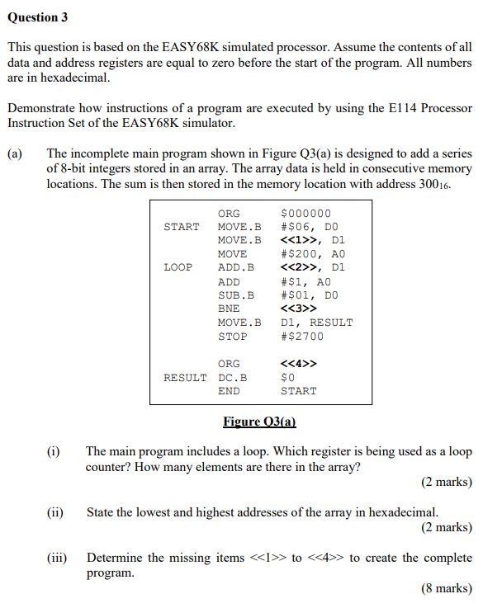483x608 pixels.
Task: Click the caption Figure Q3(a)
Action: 259,422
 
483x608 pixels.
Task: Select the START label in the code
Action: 182,226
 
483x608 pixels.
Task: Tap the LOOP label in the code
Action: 178,267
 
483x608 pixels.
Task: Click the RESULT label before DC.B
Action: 185,377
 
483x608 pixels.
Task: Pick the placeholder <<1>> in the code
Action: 299,240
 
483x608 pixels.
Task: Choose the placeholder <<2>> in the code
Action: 299,267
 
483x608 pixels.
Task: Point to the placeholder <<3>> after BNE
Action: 299,309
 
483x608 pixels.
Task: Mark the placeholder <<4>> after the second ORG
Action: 299,364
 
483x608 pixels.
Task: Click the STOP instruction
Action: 232,337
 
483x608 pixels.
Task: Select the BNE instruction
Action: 229,309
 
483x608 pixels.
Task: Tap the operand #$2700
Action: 302,337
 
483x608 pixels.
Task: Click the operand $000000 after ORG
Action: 305,213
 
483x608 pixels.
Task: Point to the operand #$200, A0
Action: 313,254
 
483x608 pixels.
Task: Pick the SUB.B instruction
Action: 236,295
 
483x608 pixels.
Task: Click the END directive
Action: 229,391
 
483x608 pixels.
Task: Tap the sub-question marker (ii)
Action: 54,512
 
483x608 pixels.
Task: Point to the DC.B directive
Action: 232,377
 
